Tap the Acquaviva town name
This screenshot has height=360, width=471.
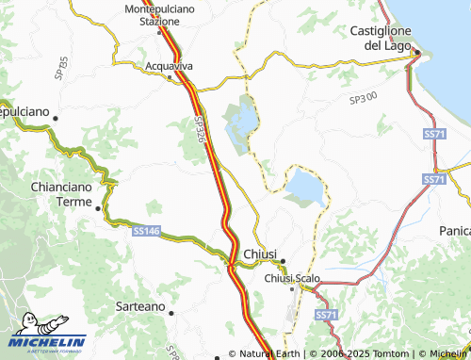tap(170, 66)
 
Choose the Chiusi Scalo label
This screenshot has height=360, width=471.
tap(293, 278)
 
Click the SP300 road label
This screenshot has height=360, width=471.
tap(362, 98)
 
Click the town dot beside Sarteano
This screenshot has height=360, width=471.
tap(171, 313)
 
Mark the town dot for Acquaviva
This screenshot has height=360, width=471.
tap(170, 77)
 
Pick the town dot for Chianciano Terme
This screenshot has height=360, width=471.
tap(98, 206)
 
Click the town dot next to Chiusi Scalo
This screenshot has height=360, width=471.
tap(292, 288)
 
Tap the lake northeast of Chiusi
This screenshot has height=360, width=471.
tap(304, 186)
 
